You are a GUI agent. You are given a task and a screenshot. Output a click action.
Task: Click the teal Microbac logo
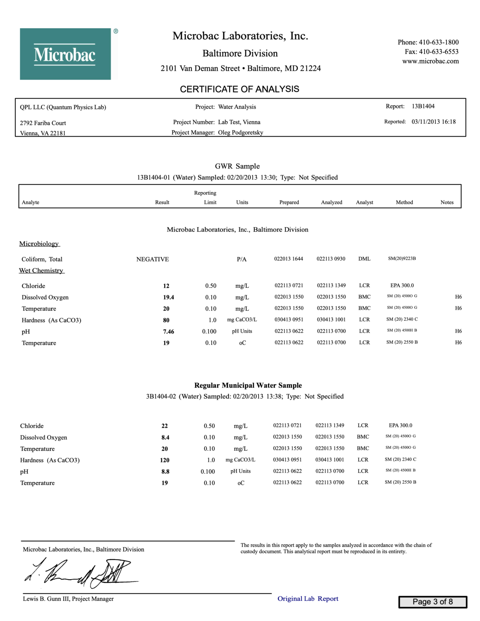tap(66, 54)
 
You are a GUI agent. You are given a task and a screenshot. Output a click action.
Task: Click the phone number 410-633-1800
tap(438, 42)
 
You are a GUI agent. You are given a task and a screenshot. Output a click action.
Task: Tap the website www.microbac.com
tap(430, 61)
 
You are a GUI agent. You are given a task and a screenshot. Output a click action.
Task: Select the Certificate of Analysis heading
tap(239, 89)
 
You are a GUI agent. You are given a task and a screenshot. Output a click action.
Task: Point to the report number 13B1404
tap(423, 106)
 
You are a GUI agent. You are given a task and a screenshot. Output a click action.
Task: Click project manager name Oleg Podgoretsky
tap(241, 133)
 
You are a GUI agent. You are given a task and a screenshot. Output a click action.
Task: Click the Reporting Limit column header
tap(205, 197)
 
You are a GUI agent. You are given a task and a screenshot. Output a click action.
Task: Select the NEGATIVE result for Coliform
tap(152, 259)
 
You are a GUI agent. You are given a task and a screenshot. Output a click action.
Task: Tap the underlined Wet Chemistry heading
tap(41, 270)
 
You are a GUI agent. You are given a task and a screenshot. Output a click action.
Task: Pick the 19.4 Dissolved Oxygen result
tap(168, 297)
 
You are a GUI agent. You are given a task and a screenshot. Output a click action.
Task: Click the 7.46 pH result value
tap(168, 332)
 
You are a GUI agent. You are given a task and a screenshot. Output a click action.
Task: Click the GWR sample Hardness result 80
tap(166, 320)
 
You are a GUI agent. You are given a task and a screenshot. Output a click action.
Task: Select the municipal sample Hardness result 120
tap(165, 460)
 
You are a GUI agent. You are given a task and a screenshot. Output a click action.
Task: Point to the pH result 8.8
tap(165, 471)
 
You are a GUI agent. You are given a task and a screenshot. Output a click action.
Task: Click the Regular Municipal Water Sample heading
tap(248, 385)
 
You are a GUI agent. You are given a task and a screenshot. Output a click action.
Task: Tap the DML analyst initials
tap(364, 259)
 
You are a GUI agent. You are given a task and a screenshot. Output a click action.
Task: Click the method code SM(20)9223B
tap(402, 258)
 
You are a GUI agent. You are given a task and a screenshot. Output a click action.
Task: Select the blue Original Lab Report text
tap(308, 599)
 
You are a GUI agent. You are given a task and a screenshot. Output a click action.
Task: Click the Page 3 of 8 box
tap(432, 602)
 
